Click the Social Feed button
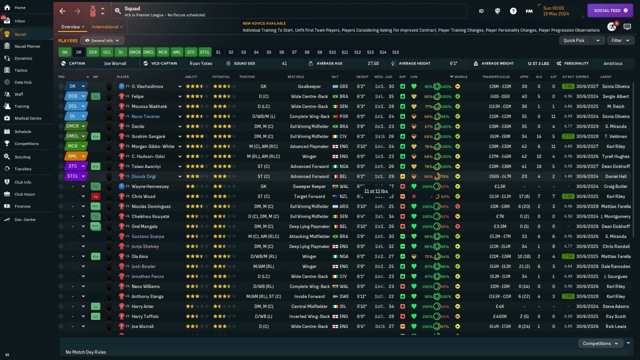coord(610,10)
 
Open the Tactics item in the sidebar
coord(21,70)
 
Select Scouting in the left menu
coord(22,157)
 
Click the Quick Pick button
coord(573,40)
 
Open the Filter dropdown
coord(620,40)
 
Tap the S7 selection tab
coord(294,52)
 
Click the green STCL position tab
coord(204,52)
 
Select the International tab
coord(105,27)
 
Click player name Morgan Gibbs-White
coord(152,146)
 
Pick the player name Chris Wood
coord(143,196)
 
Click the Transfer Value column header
coord(495,77)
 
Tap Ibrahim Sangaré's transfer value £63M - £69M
coord(499,136)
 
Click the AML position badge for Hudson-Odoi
coord(72,156)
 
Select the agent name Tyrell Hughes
coord(615,156)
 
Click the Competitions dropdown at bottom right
coord(600,343)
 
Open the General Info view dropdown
coord(102,40)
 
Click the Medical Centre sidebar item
coord(27,118)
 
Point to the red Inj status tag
coord(95,196)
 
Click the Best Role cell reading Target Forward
coord(309,196)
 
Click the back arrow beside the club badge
coord(62,11)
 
